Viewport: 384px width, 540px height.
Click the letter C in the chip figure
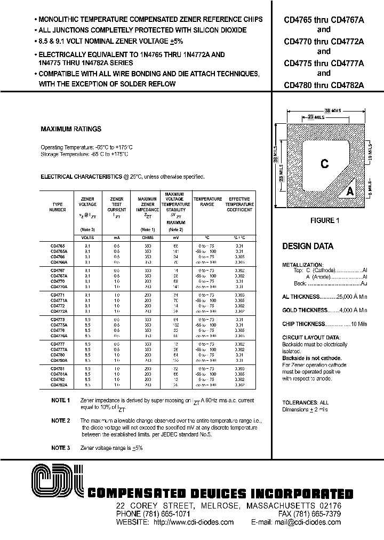pyautogui.click(x=324, y=164)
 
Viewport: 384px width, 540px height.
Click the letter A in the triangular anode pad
pyautogui.click(x=350, y=191)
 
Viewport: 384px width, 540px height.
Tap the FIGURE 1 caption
pyautogui.click(x=324, y=221)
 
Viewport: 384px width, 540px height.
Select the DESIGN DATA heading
pyautogui.click(x=308, y=247)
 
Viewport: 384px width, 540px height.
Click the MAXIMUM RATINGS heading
pyautogui.click(x=71, y=129)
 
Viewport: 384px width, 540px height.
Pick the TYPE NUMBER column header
pyautogui.click(x=58, y=207)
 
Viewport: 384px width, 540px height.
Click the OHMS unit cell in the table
pyautogui.click(x=148, y=238)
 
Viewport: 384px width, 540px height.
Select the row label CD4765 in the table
pyautogui.click(x=58, y=246)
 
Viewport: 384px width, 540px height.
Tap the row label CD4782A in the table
pyautogui.click(x=59, y=384)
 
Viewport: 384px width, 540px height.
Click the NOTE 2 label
pyautogui.click(x=61, y=420)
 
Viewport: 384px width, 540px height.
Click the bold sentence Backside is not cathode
pyautogui.click(x=311, y=359)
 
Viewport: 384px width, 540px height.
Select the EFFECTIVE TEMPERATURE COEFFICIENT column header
pyautogui.click(x=239, y=204)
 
